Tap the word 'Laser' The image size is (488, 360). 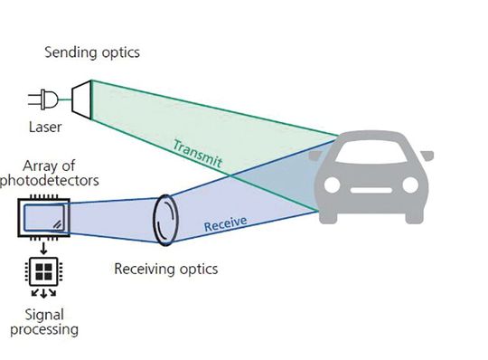click(x=44, y=127)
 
